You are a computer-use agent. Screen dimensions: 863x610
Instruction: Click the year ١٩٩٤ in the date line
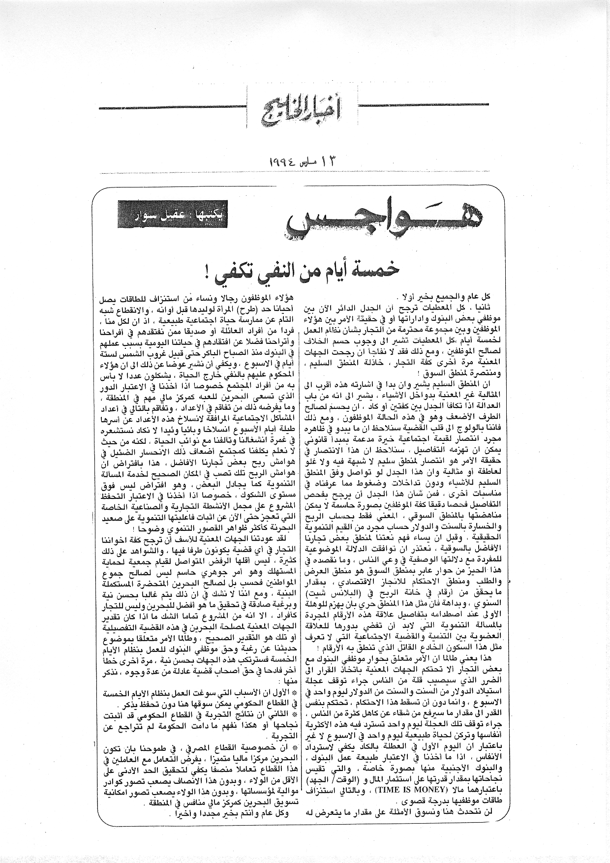click(282, 161)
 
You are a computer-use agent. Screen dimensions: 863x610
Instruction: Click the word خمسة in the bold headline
click(381, 270)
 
